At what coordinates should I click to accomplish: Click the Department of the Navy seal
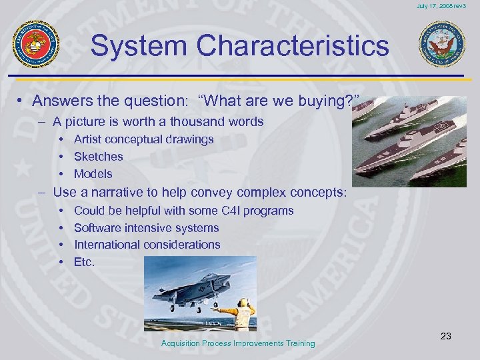click(441, 45)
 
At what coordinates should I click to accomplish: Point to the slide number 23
click(445, 336)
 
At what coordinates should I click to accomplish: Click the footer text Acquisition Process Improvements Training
click(238, 343)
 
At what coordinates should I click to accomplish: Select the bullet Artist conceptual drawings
click(143, 139)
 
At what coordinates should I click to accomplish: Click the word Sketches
click(99, 157)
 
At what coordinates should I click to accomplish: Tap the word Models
click(93, 174)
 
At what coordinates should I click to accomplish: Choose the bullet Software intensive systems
click(146, 227)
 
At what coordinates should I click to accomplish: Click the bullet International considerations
click(147, 245)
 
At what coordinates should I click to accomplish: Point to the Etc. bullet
click(85, 262)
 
